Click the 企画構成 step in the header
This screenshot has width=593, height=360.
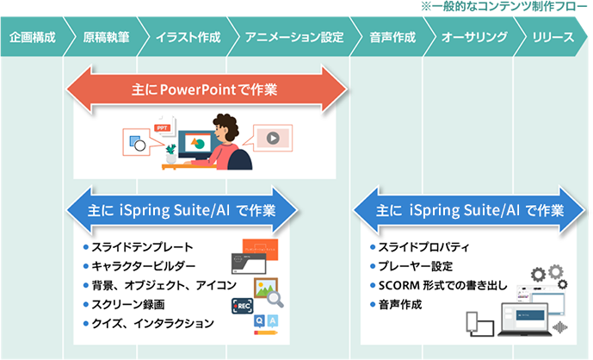tap(32, 38)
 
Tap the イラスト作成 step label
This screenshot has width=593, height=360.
tap(188, 38)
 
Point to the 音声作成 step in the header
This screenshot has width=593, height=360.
tap(392, 38)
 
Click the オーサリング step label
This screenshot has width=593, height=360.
tap(473, 38)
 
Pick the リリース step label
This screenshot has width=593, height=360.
tap(553, 38)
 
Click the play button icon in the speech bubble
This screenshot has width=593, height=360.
tap(272, 137)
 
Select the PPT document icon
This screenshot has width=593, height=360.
tap(162, 130)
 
